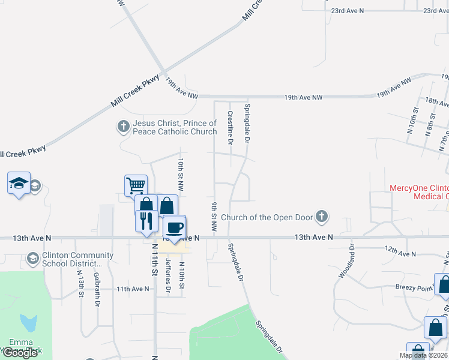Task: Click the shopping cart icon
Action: click(x=136, y=185)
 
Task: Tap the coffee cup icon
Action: click(x=174, y=227)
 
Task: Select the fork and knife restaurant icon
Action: click(x=146, y=221)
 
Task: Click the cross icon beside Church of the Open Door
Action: click(x=322, y=217)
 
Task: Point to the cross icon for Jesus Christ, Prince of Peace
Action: click(x=123, y=127)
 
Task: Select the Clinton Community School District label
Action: click(x=70, y=259)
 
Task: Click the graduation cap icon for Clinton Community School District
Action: click(x=33, y=259)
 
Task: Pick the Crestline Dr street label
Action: click(x=229, y=127)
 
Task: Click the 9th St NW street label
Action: click(x=214, y=217)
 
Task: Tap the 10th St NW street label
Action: click(x=180, y=174)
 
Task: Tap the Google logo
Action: click(x=20, y=353)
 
